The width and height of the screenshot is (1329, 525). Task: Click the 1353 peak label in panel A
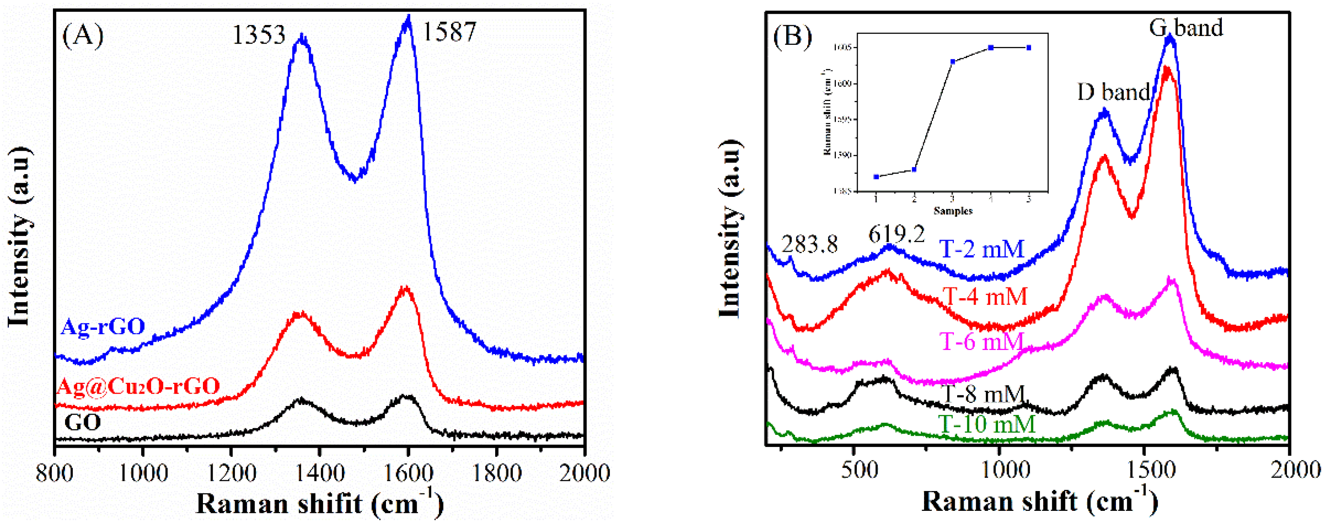point(259,36)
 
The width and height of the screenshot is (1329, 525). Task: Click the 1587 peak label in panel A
point(449,32)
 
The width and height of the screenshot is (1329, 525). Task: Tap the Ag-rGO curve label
point(103,327)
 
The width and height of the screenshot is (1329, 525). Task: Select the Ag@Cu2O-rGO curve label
point(138,386)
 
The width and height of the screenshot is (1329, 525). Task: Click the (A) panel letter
point(82,36)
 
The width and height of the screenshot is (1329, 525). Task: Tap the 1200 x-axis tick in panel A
point(231,472)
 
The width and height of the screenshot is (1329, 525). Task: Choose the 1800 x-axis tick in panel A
point(496,472)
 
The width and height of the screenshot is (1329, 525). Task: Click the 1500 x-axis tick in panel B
point(1144,471)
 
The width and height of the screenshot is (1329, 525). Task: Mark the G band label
point(1186,27)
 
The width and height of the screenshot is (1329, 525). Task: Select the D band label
point(1113,92)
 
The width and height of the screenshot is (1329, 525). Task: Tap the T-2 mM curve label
point(981,249)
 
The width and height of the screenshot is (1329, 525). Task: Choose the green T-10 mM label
point(986,424)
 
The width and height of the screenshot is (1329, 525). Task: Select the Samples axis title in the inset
point(953,211)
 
